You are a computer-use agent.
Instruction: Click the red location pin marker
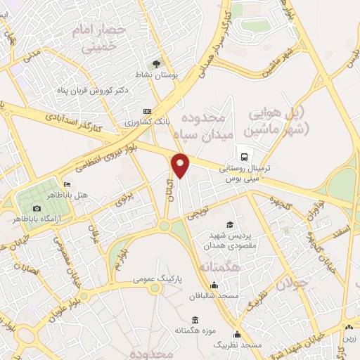[181, 165]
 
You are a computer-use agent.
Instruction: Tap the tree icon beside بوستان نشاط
[156, 62]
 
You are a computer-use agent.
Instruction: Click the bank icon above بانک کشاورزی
[146, 111]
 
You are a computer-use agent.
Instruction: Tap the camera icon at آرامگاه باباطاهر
[37, 208]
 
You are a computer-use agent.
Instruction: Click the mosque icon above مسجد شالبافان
[214, 285]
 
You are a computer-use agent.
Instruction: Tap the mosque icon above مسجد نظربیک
[238, 335]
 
